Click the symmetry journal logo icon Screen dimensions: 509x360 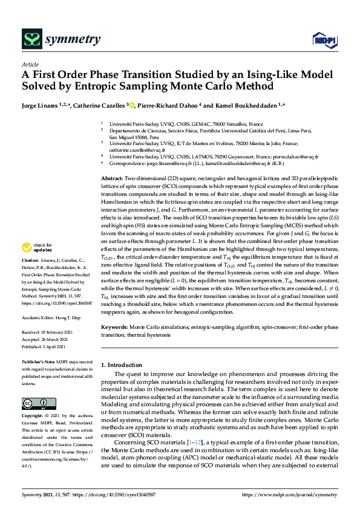pos(31,40)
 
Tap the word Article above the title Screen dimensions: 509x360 pos(30,63)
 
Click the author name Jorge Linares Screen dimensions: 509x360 pos(43,105)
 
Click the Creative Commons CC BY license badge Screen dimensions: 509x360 pos(34,404)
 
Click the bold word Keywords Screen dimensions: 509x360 pos(114,326)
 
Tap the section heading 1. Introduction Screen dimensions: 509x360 pos(123,365)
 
